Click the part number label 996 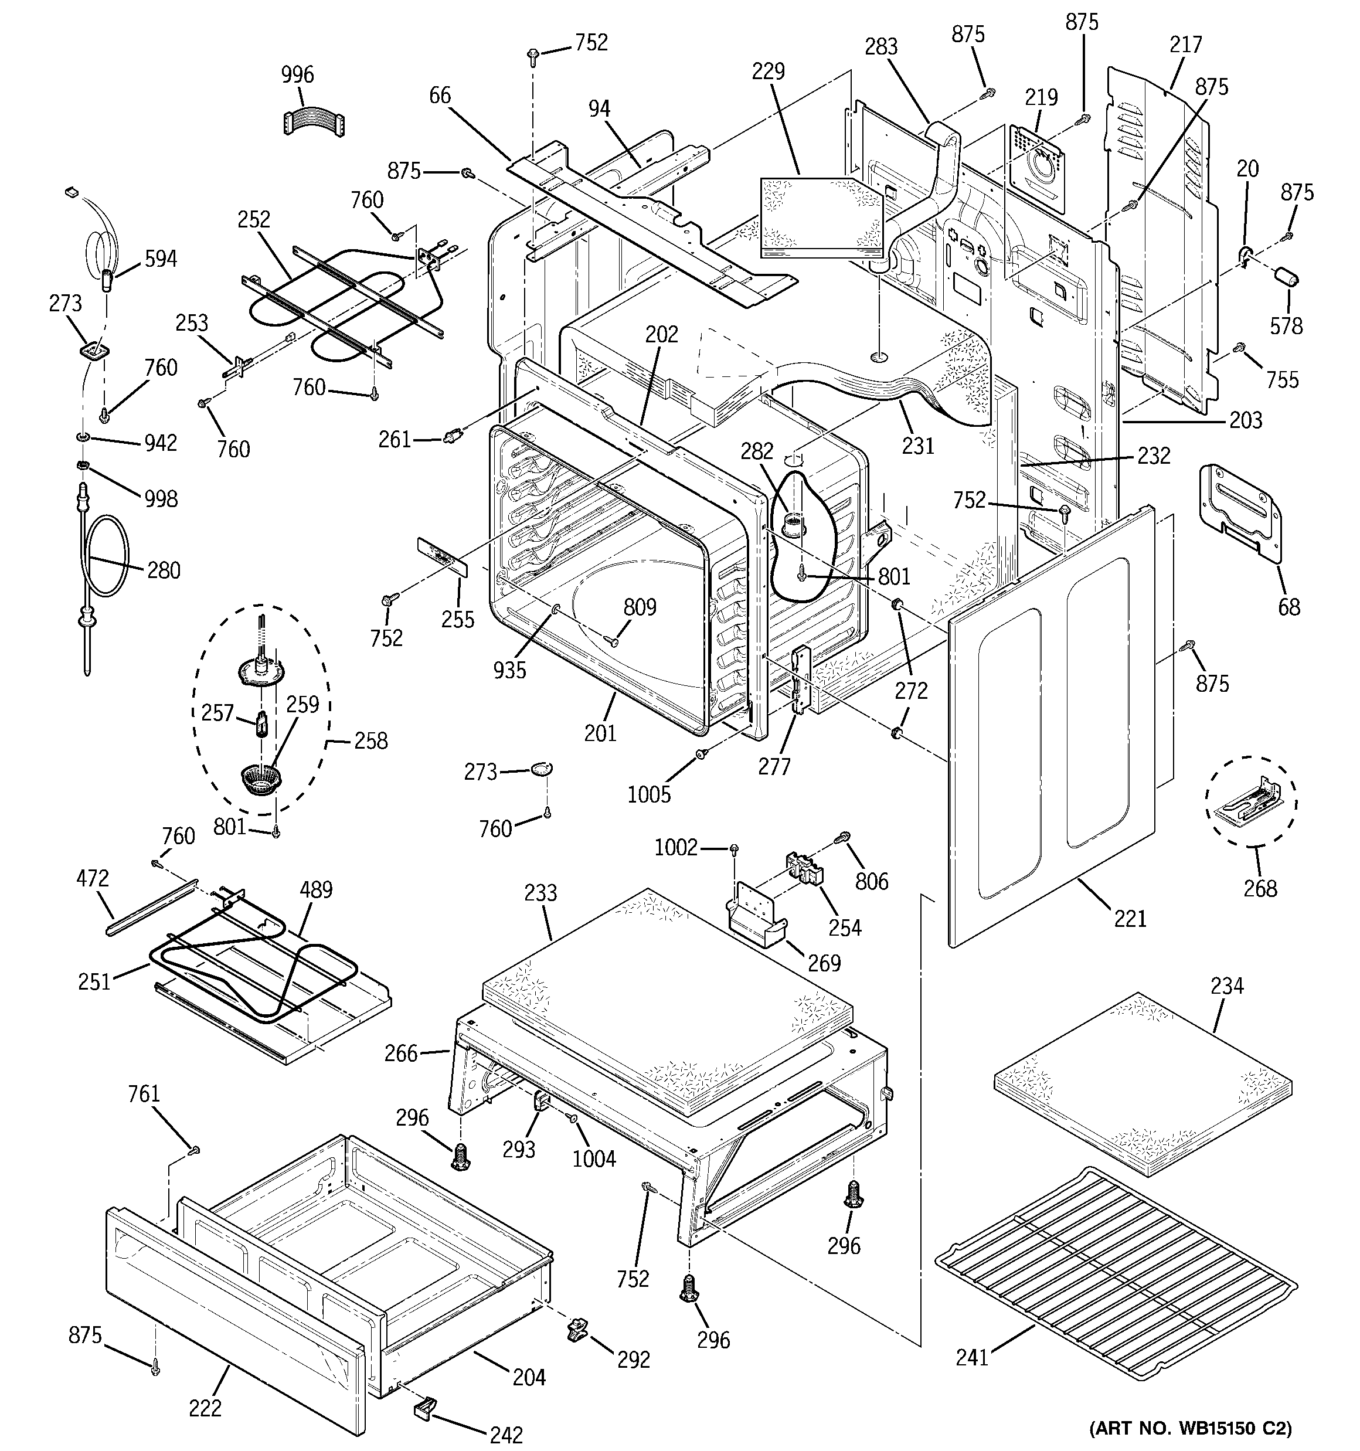297,74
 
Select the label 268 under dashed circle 1260,888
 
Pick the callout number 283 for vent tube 880,47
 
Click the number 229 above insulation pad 768,71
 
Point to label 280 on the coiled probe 164,570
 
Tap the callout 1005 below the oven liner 649,794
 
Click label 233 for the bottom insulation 540,893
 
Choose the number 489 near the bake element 315,890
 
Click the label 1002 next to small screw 676,847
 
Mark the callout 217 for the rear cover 1185,45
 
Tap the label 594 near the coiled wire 161,259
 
